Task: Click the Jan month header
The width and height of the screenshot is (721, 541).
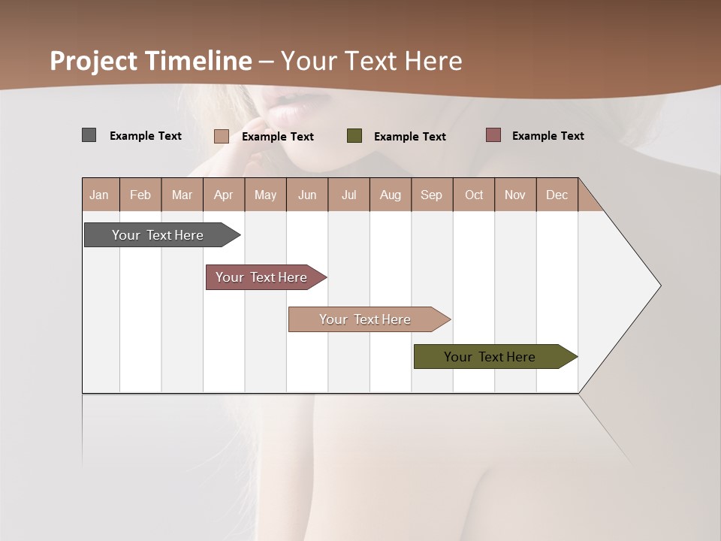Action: point(100,195)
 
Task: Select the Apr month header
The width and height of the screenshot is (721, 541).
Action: point(224,195)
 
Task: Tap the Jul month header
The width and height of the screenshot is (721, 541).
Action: point(349,195)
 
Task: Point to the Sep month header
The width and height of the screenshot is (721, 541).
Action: point(432,195)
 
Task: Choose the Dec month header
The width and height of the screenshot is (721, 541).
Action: point(557,195)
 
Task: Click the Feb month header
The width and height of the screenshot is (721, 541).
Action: point(140,195)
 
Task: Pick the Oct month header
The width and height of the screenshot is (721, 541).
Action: point(474,195)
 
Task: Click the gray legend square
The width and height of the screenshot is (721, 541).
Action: point(89,135)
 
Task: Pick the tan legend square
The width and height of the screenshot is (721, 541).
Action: point(222,136)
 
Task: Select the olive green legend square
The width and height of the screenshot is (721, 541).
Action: point(354,136)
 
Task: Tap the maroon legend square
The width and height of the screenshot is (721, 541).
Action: point(493,135)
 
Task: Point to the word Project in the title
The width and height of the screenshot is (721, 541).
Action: point(93,61)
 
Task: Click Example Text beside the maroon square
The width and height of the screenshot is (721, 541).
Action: point(548,136)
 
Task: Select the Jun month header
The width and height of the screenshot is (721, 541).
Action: point(307,195)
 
